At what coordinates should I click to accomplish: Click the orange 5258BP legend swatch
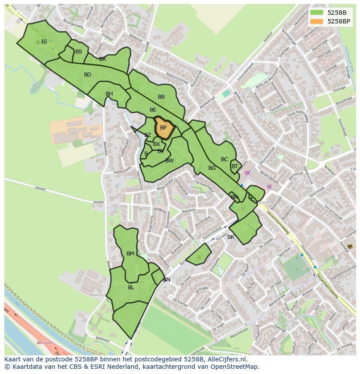(317, 21)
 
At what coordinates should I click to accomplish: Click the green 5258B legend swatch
(317, 12)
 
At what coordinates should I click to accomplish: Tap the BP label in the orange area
(163, 128)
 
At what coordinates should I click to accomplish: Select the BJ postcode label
(44, 42)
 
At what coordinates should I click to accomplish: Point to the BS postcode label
(79, 52)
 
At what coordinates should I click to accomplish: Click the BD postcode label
(87, 75)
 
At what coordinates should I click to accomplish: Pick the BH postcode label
(109, 94)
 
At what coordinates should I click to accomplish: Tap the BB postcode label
(161, 97)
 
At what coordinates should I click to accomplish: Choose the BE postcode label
(153, 110)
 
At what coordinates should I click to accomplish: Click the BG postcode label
(212, 168)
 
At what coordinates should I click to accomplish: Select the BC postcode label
(224, 159)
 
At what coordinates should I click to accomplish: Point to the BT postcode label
(235, 166)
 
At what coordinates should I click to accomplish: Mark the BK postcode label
(231, 237)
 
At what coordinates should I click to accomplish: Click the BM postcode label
(130, 254)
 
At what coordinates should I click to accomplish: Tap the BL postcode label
(131, 288)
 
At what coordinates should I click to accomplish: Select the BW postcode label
(170, 161)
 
